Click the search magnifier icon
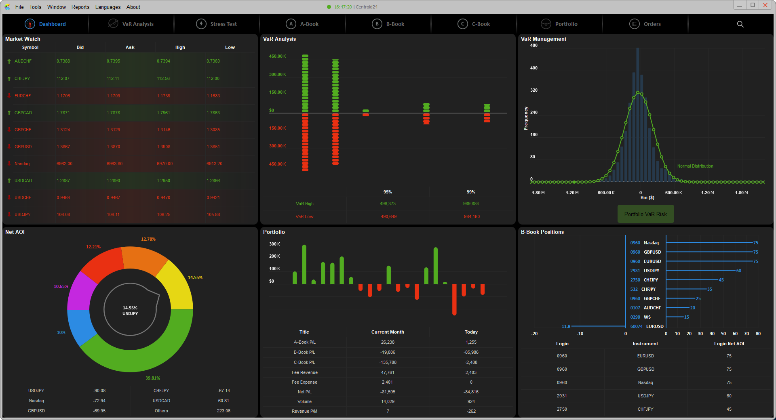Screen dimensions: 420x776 pyautogui.click(x=740, y=24)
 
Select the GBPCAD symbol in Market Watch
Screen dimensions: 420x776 pyautogui.click(x=23, y=113)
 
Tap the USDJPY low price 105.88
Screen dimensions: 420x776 pyautogui.click(x=213, y=214)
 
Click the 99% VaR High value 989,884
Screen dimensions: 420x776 pyautogui.click(x=471, y=204)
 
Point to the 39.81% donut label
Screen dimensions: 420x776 pyautogui.click(x=153, y=378)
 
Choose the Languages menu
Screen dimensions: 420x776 pyautogui.click(x=108, y=7)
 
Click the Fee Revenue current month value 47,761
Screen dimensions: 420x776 pyautogui.click(x=388, y=372)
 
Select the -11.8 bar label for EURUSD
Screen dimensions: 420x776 pyautogui.click(x=565, y=326)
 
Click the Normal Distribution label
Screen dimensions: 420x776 pyautogui.click(x=695, y=166)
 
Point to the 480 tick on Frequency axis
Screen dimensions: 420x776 pyautogui.click(x=534, y=46)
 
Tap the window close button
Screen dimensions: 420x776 pyautogui.click(x=765, y=5)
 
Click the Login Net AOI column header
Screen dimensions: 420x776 pyautogui.click(x=729, y=344)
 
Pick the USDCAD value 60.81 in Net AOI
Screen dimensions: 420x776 pyautogui.click(x=224, y=401)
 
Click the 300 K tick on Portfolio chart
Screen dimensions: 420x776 pyautogui.click(x=274, y=244)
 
